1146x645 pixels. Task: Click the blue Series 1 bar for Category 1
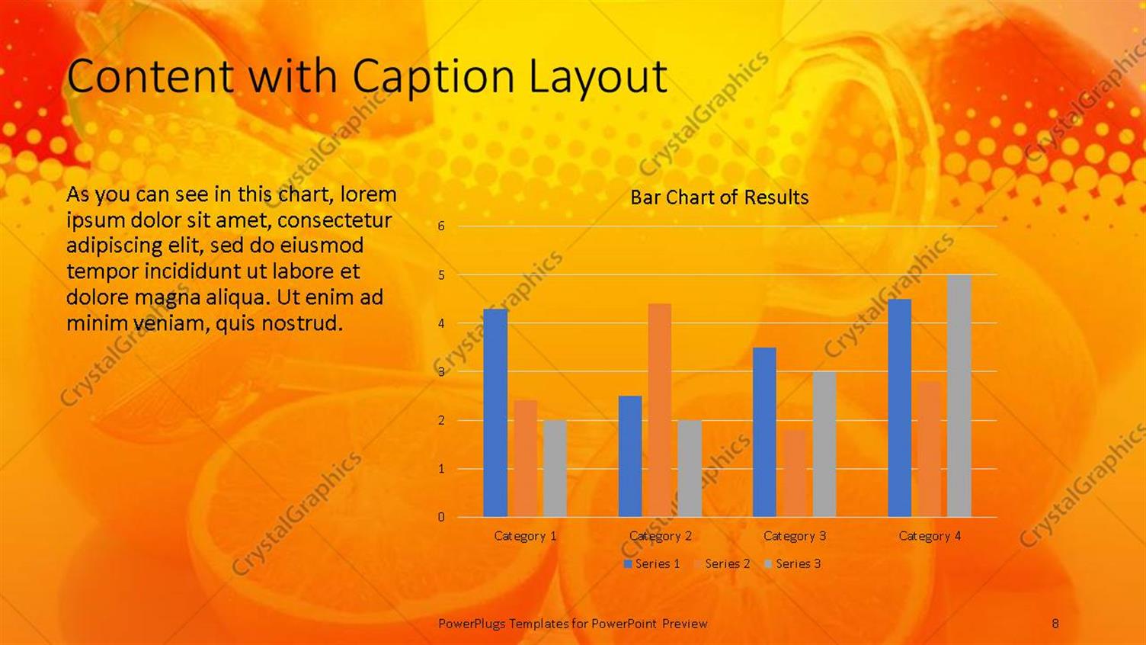tap(495, 412)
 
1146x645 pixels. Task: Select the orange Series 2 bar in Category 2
tap(660, 410)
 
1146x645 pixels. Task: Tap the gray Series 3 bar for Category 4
tap(959, 396)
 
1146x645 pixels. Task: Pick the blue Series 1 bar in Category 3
tap(764, 432)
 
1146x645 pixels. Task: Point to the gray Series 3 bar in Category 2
tap(690, 468)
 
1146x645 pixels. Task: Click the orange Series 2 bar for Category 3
tap(795, 473)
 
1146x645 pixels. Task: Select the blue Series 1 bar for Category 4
tap(899, 408)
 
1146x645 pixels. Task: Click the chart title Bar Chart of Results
tap(719, 197)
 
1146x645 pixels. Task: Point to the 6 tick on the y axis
tap(441, 226)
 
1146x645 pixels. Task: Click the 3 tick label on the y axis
tap(441, 372)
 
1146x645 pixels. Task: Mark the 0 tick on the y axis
tap(441, 517)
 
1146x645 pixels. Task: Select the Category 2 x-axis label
tap(660, 536)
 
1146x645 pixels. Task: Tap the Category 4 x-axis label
tap(930, 536)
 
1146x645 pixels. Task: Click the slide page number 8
tap(1055, 624)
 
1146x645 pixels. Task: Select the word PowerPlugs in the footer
tap(472, 624)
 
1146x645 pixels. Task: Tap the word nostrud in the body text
tap(302, 323)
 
